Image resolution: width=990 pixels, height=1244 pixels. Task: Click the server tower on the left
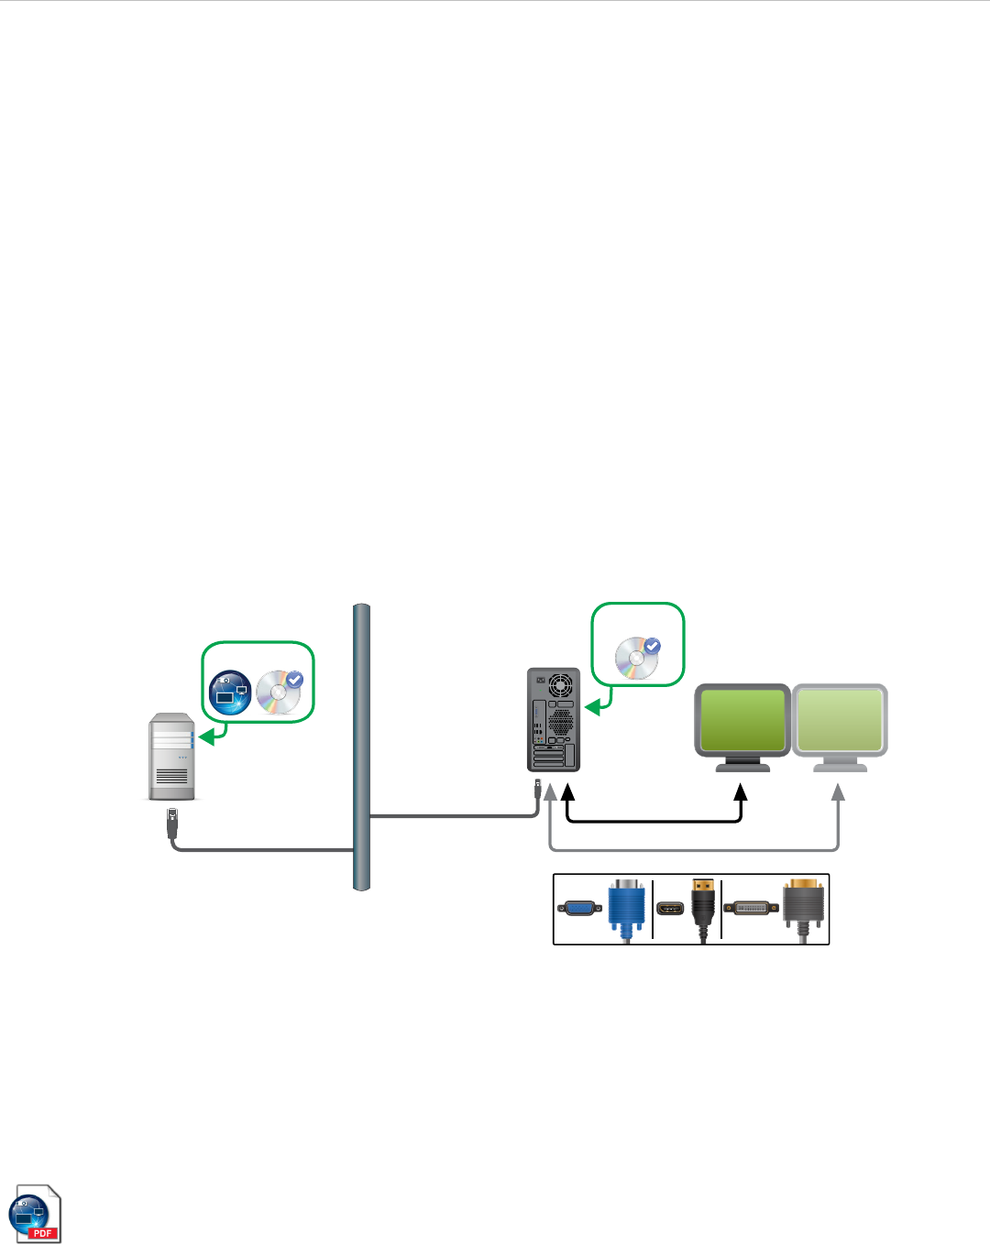pos(171,757)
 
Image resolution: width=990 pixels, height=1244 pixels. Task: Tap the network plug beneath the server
pos(172,822)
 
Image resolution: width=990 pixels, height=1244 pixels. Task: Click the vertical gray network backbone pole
pos(361,747)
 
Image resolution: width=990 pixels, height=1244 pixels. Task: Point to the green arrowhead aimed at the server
pos(207,736)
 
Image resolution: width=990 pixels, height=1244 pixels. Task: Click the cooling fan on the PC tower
pos(559,684)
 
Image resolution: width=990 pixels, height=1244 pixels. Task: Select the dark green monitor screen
pos(742,720)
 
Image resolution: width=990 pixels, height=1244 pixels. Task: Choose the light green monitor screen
pos(840,720)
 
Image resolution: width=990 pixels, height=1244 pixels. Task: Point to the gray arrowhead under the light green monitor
pos(838,791)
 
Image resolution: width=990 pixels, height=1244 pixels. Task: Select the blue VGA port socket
pos(580,909)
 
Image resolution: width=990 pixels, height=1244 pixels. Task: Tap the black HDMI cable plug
pos(703,907)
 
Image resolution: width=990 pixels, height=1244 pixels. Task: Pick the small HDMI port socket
pos(670,910)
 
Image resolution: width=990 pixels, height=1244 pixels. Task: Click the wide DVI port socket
pos(751,909)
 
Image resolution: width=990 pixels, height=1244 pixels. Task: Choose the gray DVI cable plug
pos(803,907)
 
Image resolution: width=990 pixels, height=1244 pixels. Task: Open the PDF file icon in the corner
pos(35,1214)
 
